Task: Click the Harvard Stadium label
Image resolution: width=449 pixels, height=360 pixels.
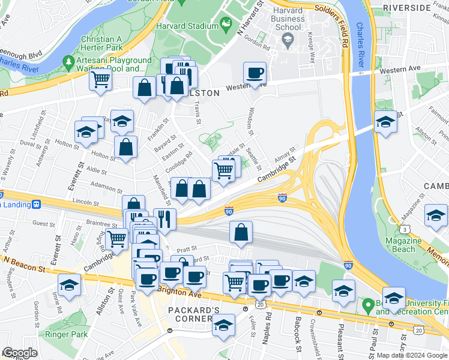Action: [187, 26]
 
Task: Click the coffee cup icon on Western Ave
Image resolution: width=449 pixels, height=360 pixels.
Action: [255, 73]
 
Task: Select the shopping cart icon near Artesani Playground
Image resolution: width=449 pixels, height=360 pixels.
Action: [101, 79]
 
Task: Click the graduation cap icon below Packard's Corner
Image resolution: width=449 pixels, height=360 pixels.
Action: [223, 326]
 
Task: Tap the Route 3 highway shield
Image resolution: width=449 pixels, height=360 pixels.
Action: [406, 230]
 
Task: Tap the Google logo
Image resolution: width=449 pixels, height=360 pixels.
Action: [20, 353]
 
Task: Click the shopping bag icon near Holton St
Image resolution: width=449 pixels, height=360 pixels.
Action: [125, 148]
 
